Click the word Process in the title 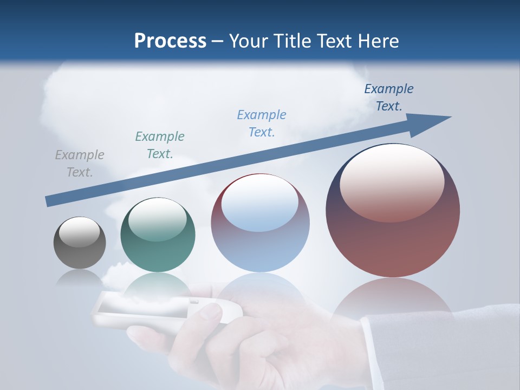point(170,41)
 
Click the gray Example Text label point(80,164)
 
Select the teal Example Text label point(160,145)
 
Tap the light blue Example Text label point(262,123)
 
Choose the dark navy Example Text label point(389,97)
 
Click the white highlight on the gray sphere point(80,232)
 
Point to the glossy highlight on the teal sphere point(158,219)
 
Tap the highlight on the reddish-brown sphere point(392,183)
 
